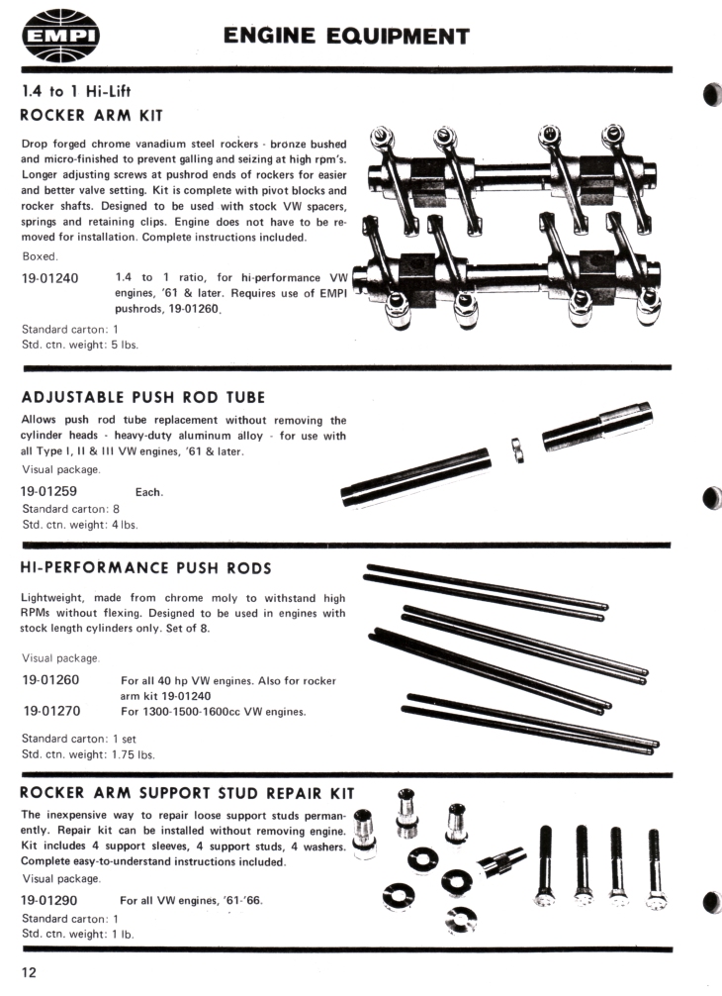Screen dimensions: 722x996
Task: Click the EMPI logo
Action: pos(61,36)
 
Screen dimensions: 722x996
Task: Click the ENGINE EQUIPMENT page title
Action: pos(346,37)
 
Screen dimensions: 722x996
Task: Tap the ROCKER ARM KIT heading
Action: pos(92,116)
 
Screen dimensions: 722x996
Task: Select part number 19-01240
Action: pos(50,278)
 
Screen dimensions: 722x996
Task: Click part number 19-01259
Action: pos(48,491)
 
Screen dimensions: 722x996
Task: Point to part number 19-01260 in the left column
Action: pos(50,679)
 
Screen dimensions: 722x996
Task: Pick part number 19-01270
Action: pos(52,711)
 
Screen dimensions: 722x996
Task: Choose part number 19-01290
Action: pos(48,900)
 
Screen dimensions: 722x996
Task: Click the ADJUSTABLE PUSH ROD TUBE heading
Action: pos(143,398)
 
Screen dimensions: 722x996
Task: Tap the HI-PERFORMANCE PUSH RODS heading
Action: pos(146,568)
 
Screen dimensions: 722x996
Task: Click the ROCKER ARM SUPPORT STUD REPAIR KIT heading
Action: pos(187,793)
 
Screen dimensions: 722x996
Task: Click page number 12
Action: pos(30,972)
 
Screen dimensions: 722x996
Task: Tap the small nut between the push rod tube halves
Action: pos(517,449)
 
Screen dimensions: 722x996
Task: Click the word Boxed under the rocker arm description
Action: pos(40,256)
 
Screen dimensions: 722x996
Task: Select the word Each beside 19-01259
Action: pos(149,492)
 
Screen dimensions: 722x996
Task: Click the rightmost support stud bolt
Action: pos(656,869)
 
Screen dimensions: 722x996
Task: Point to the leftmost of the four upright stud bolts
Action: pos(545,865)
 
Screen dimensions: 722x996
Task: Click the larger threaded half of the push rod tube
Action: pos(597,426)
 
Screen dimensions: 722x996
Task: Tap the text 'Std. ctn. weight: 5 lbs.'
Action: pos(80,345)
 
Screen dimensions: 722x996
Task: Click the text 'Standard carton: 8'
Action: pos(70,509)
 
